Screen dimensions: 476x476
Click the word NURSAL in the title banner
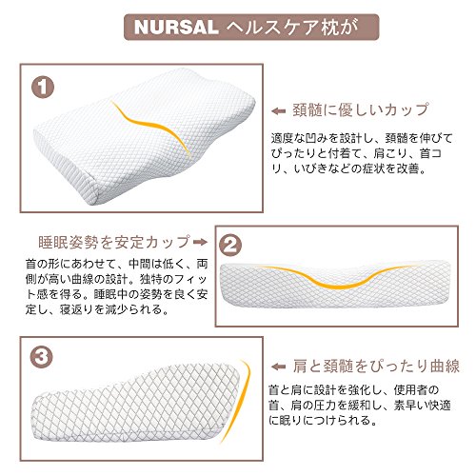tap(176, 28)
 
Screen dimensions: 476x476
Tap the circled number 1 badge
tap(43, 87)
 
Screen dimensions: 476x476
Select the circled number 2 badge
tap(230, 245)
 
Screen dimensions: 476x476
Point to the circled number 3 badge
tap(41, 357)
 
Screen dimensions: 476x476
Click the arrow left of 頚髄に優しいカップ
tap(279, 111)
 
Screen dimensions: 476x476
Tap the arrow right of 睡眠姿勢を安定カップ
tap(200, 242)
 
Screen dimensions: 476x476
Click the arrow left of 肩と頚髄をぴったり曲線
tap(279, 367)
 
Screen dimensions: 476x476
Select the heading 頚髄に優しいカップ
tap(361, 109)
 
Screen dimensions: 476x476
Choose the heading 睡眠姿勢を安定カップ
tap(114, 242)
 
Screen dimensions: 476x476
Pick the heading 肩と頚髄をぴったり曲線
tap(376, 366)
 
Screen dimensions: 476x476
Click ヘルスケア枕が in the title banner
tap(292, 28)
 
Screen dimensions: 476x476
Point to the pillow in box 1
tap(145, 136)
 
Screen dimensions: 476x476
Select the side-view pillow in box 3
tap(135, 403)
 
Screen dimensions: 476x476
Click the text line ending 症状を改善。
tap(348, 169)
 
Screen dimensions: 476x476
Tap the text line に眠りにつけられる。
tap(324, 421)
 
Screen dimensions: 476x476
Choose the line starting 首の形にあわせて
tap(116, 264)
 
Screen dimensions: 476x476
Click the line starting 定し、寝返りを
tap(97, 309)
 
